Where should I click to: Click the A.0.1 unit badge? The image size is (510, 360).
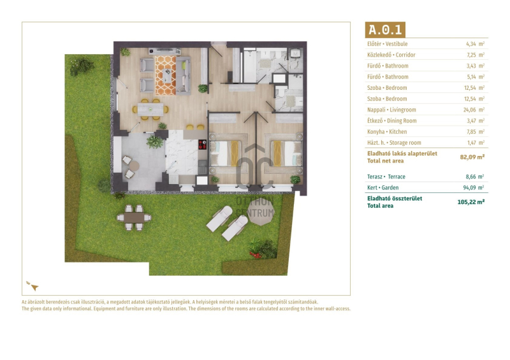click(x=385, y=29)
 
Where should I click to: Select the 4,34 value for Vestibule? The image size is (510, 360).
click(x=470, y=44)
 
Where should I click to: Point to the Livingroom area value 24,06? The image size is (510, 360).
click(x=469, y=110)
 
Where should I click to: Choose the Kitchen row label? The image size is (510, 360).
click(x=387, y=132)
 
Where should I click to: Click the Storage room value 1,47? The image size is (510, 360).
click(x=470, y=143)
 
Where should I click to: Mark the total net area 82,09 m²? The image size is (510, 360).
click(x=472, y=157)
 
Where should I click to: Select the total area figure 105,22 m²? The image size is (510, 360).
click(x=471, y=202)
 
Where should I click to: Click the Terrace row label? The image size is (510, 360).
click(x=386, y=177)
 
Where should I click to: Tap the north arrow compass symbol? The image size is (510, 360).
click(x=33, y=286)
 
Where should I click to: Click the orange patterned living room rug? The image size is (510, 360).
click(x=166, y=75)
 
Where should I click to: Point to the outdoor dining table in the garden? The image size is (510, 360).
click(x=134, y=217)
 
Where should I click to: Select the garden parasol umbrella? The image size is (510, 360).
click(x=259, y=212)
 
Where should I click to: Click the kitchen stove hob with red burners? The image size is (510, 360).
click(x=202, y=145)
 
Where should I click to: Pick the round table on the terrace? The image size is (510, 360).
click(x=133, y=166)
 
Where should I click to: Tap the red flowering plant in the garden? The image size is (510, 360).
click(x=256, y=254)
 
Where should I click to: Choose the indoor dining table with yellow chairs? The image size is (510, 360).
click(x=150, y=109)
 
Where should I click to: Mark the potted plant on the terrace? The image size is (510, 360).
click(x=154, y=142)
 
